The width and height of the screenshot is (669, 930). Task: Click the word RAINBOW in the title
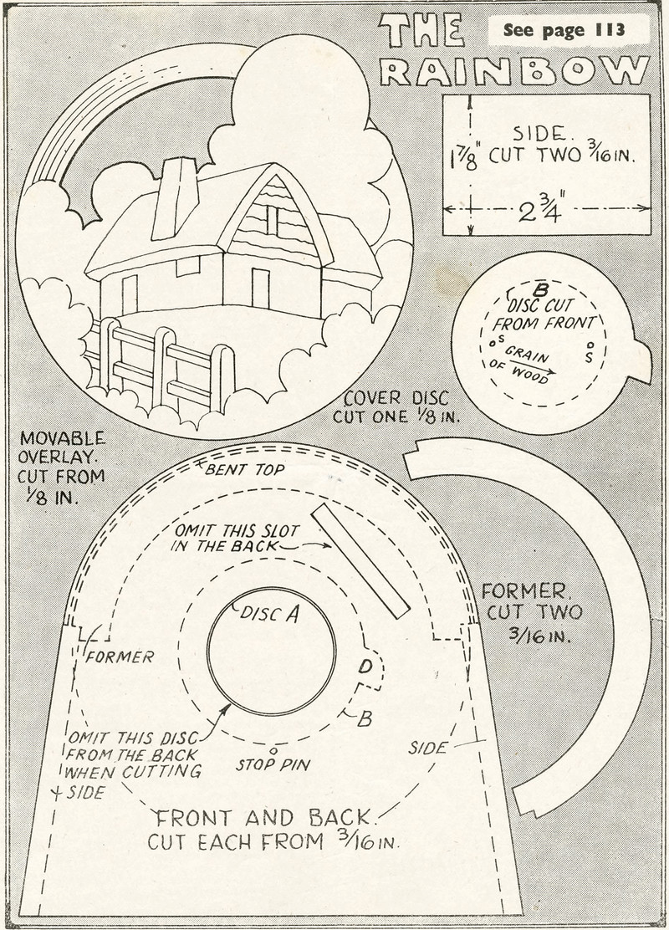515,72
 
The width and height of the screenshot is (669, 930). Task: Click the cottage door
260,287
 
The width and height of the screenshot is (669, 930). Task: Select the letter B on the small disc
540,290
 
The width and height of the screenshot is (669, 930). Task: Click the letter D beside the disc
365,667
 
